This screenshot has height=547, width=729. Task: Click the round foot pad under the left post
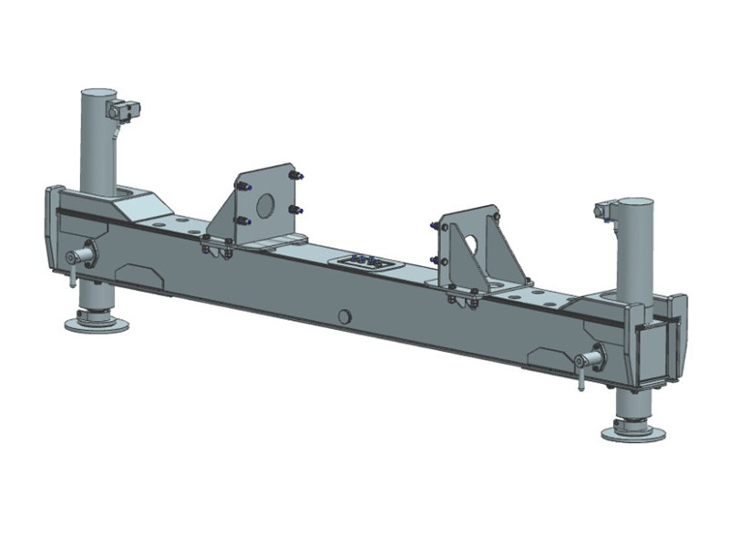click(96, 324)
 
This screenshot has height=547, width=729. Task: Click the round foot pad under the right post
click(632, 431)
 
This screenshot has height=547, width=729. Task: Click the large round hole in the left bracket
click(263, 206)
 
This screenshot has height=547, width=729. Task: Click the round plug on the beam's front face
click(344, 316)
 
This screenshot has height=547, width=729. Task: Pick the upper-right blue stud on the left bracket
click(298, 176)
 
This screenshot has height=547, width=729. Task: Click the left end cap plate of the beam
click(53, 224)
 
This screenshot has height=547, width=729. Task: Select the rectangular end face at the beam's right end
click(655, 350)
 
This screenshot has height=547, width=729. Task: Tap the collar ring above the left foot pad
click(94, 313)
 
